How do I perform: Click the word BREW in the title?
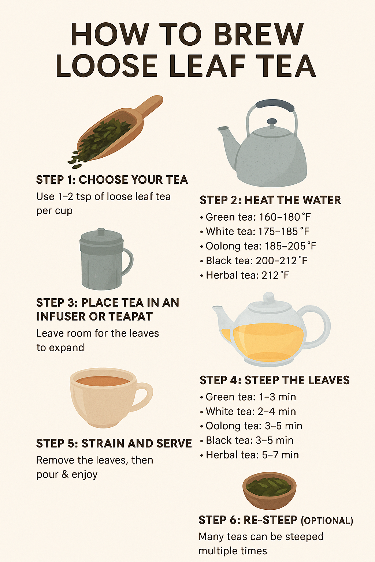point(258,34)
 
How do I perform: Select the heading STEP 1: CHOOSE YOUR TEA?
point(112,180)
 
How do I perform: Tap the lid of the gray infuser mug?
point(101,237)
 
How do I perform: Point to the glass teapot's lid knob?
point(269,297)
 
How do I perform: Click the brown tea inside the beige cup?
point(103,381)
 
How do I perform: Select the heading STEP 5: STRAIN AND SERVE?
point(114,443)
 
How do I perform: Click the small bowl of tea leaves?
point(269,491)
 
